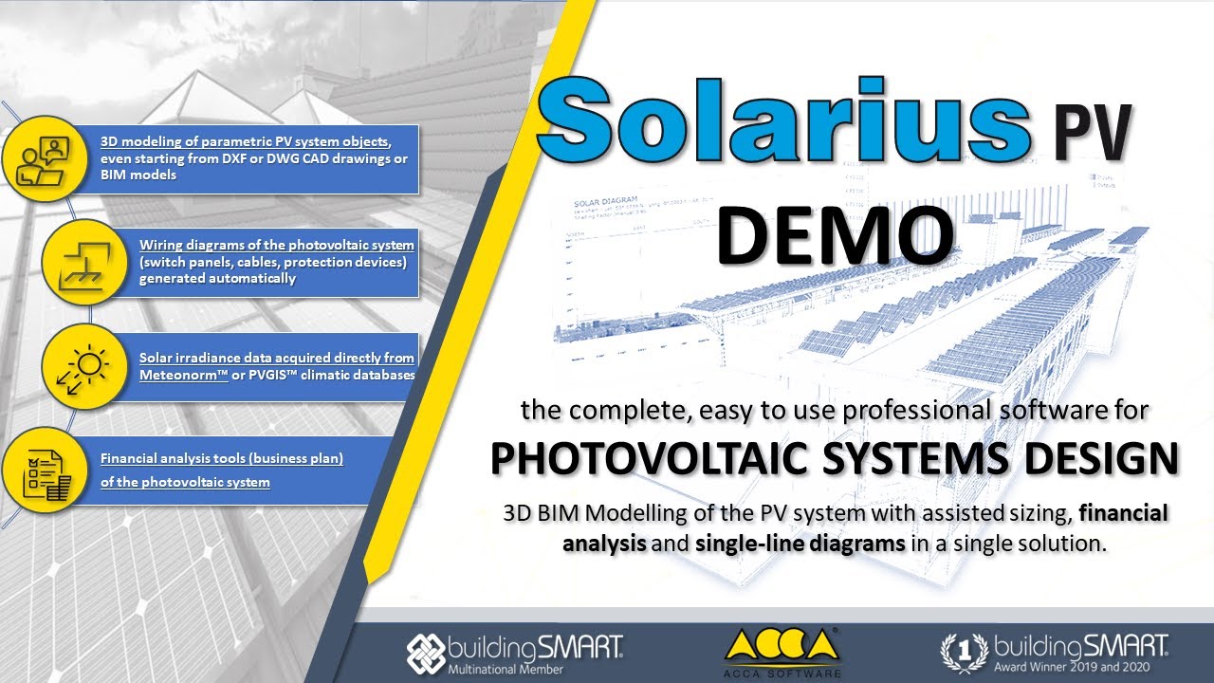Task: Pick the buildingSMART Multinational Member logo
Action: (515, 652)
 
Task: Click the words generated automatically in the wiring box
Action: (217, 279)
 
